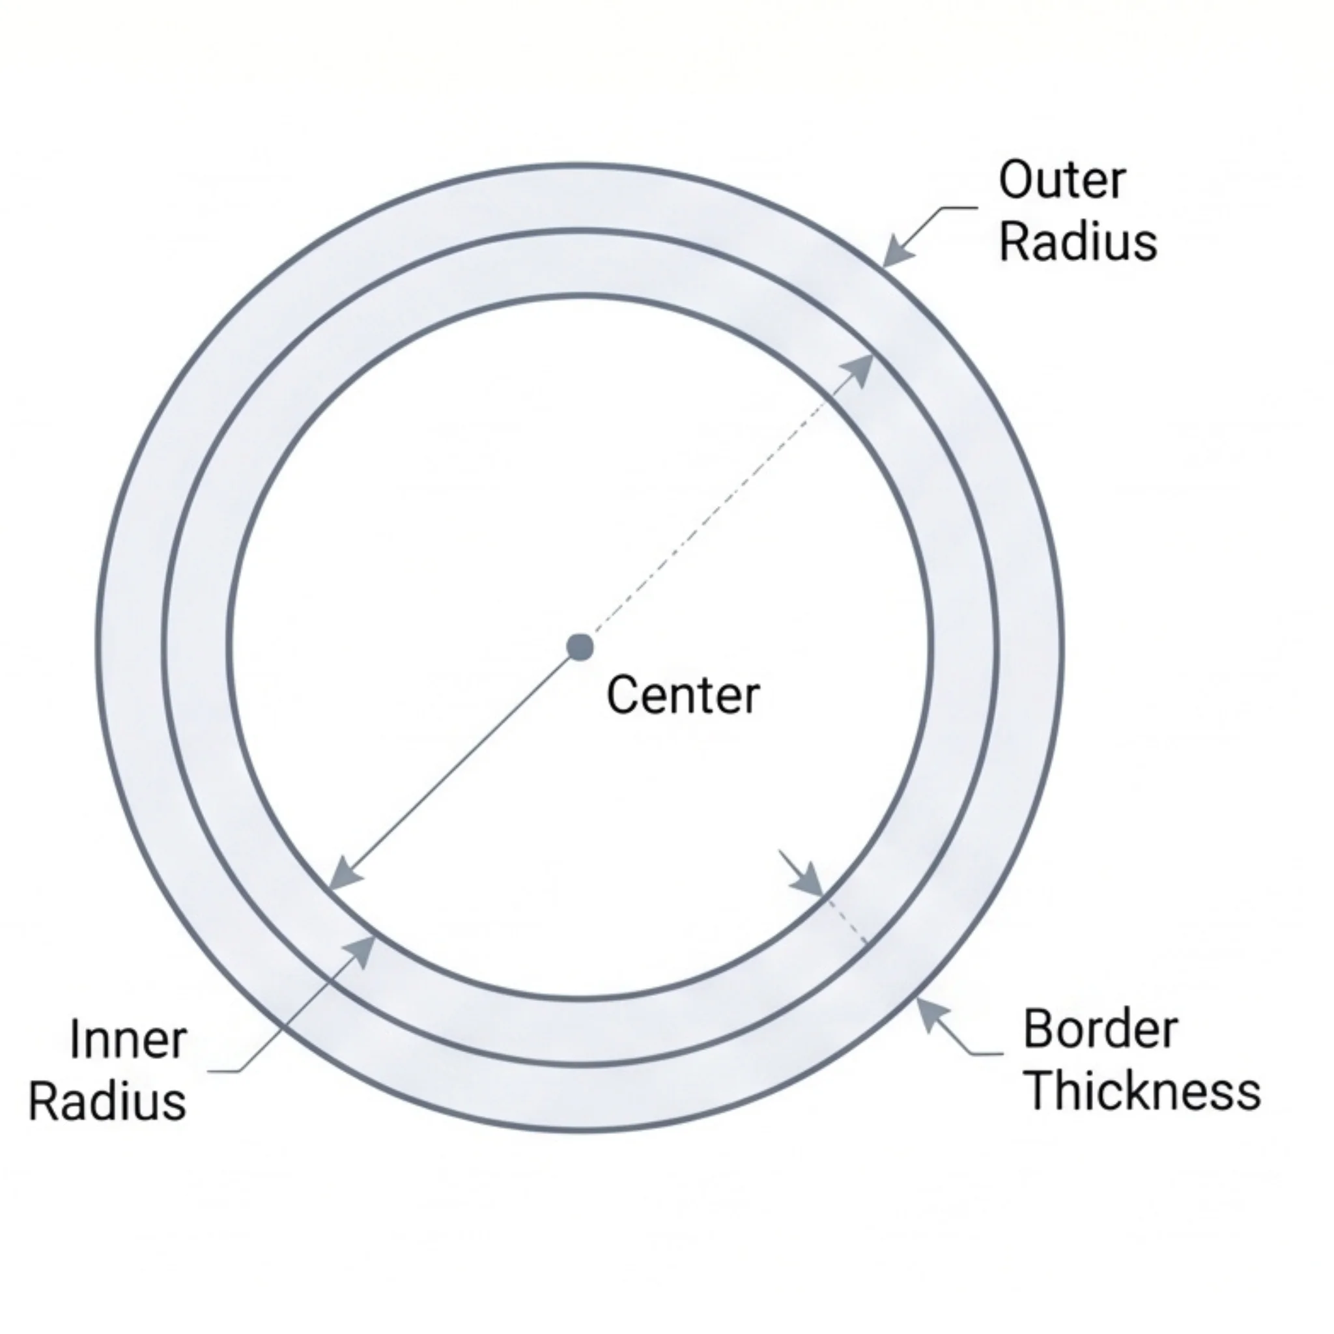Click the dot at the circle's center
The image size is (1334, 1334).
pos(580,647)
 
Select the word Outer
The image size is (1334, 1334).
pos(1061,180)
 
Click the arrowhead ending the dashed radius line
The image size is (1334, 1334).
pos(860,369)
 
